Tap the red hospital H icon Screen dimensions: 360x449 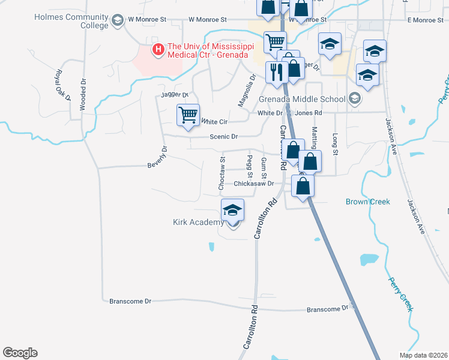coord(158,49)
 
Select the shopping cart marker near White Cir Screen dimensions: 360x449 coord(188,115)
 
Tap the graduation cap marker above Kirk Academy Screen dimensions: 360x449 coord(232,210)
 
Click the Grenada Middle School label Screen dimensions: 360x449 coord(302,99)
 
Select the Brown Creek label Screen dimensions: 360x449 coord(367,202)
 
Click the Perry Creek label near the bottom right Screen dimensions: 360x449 coord(400,294)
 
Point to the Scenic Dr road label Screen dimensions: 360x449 coord(224,137)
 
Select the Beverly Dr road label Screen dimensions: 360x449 coord(157,157)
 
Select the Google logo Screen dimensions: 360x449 coord(20,353)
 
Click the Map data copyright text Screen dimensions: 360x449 coord(423,355)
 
